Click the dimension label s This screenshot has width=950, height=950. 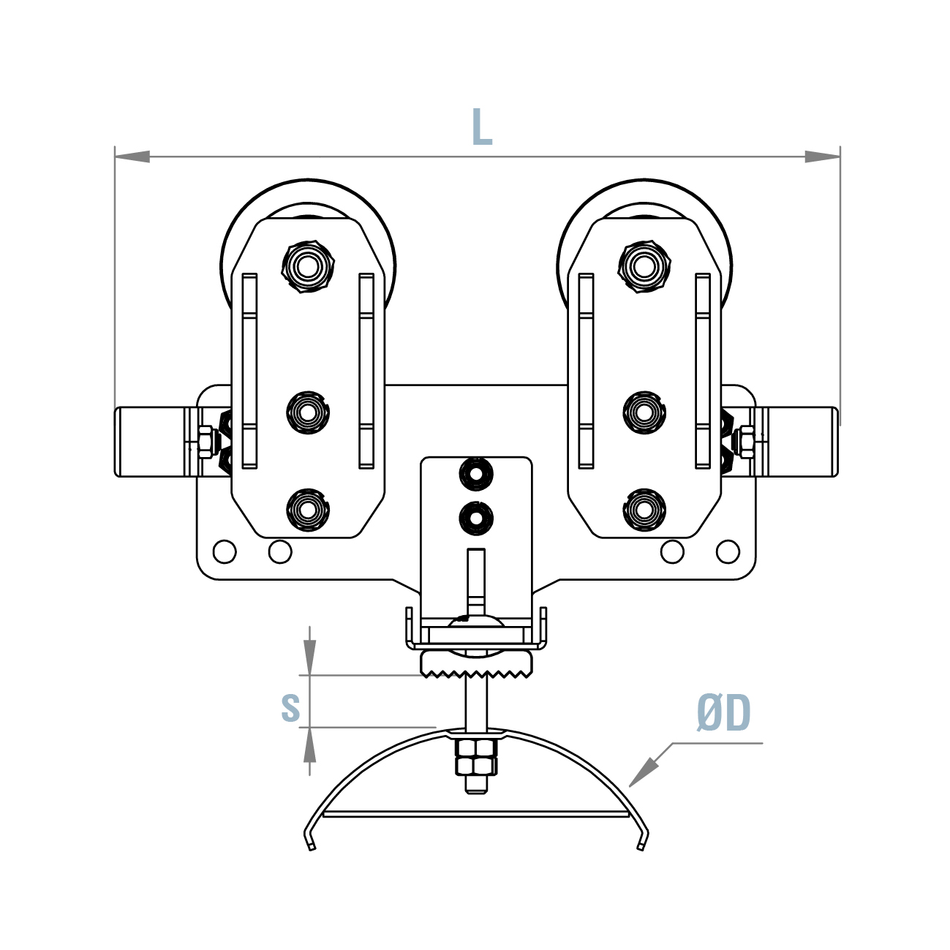click(290, 707)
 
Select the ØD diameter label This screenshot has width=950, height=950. click(723, 714)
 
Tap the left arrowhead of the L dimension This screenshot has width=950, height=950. click(132, 156)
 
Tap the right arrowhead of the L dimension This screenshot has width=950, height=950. click(822, 156)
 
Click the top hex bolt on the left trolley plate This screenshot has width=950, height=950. click(308, 265)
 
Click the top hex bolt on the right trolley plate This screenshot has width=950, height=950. click(644, 265)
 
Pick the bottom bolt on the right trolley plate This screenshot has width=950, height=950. click(644, 510)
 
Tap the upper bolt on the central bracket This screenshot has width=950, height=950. click(476, 475)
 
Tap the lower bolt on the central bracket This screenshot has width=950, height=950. click(476, 519)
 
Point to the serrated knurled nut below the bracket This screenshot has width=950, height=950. click(476, 664)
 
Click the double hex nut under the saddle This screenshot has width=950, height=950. click(476, 757)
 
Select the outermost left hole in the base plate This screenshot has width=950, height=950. click(225, 551)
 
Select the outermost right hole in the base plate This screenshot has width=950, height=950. click(728, 551)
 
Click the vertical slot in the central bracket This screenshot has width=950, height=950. click(476, 581)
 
